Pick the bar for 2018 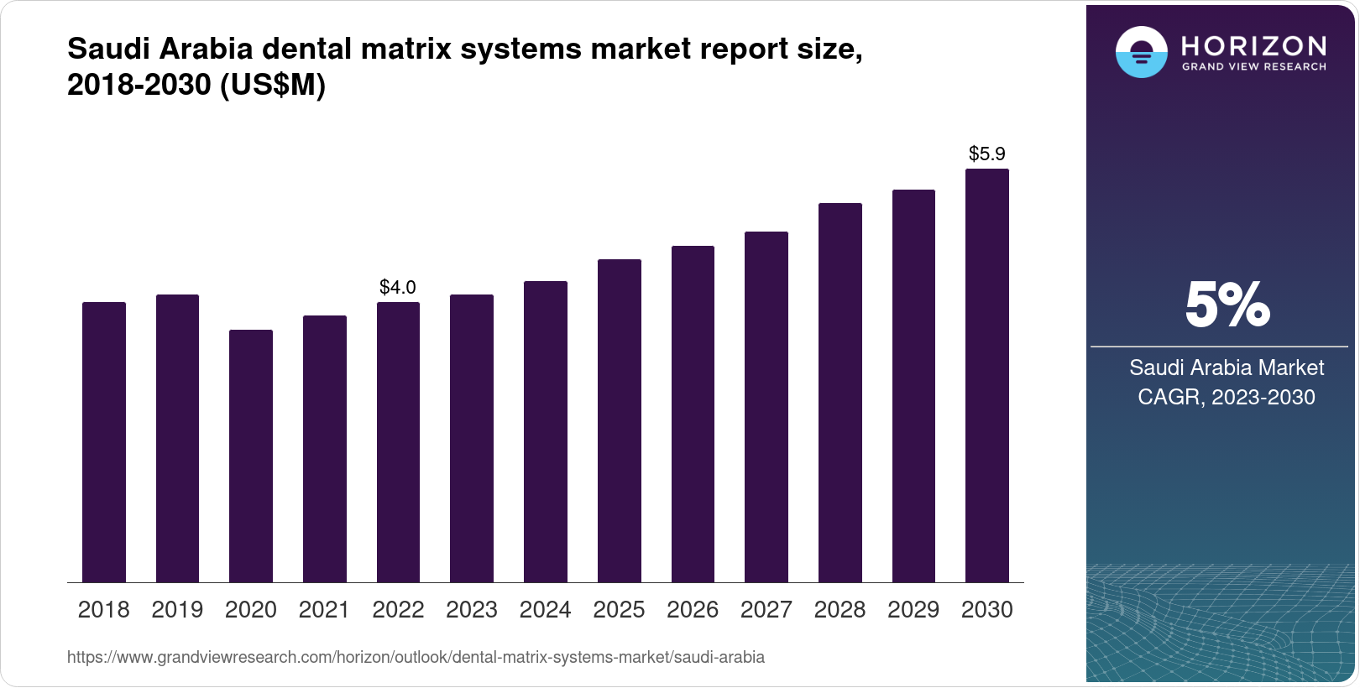click(x=103, y=442)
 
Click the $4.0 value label click(x=398, y=287)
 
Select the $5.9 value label click(x=986, y=154)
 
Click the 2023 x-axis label click(x=471, y=609)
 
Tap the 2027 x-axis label click(x=766, y=609)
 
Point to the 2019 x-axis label click(x=177, y=609)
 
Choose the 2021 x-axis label click(x=324, y=609)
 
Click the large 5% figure click(x=1227, y=305)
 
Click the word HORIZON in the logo click(x=1253, y=45)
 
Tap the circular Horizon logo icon click(x=1141, y=52)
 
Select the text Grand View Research click(x=1253, y=66)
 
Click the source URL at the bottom click(x=416, y=657)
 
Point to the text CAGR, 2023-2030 click(x=1226, y=397)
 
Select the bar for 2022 click(x=398, y=442)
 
